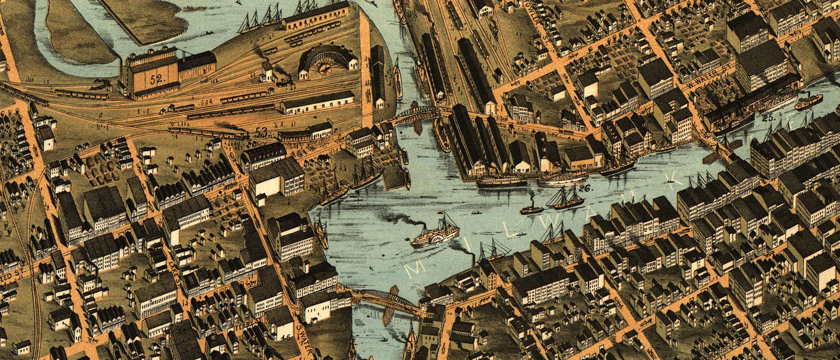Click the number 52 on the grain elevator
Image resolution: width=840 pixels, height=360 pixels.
[156, 79]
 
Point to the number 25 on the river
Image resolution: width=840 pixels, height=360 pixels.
[769, 118]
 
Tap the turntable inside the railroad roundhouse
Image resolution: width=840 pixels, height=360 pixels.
[323, 68]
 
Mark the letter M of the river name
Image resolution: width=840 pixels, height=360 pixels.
[413, 271]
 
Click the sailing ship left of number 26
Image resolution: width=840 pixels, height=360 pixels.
[565, 199]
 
